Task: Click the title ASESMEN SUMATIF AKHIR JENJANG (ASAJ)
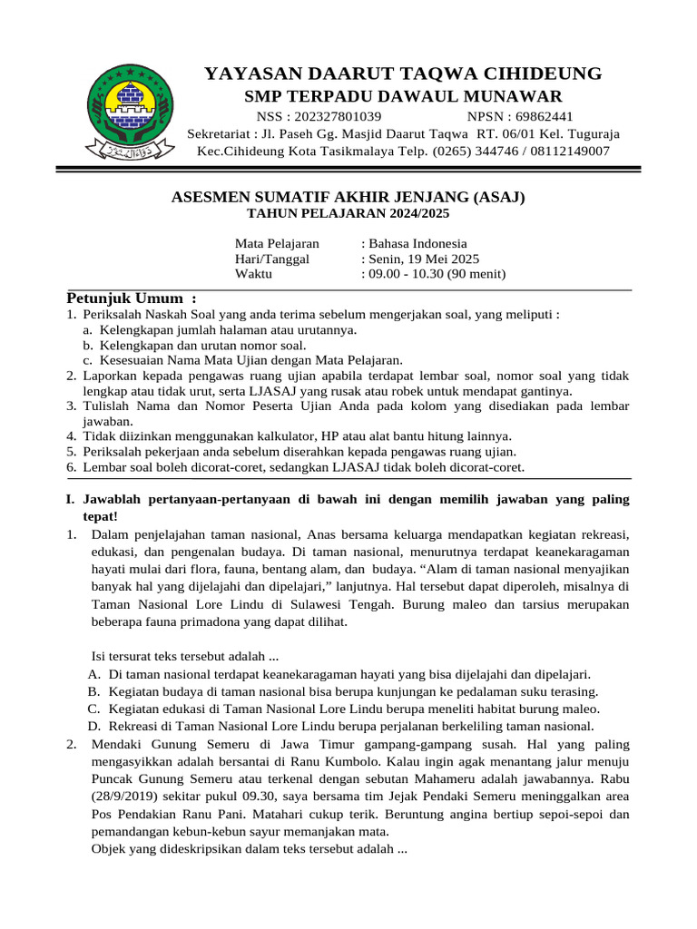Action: coord(348,197)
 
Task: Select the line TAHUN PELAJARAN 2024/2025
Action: coord(348,213)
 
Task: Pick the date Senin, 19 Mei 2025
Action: coord(423,259)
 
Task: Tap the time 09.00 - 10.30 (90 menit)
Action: coord(437,274)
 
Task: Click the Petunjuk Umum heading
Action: coord(132,298)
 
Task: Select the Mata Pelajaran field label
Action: coord(277,243)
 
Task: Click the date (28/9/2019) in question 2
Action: coord(125,797)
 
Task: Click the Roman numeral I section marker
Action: coord(70,500)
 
